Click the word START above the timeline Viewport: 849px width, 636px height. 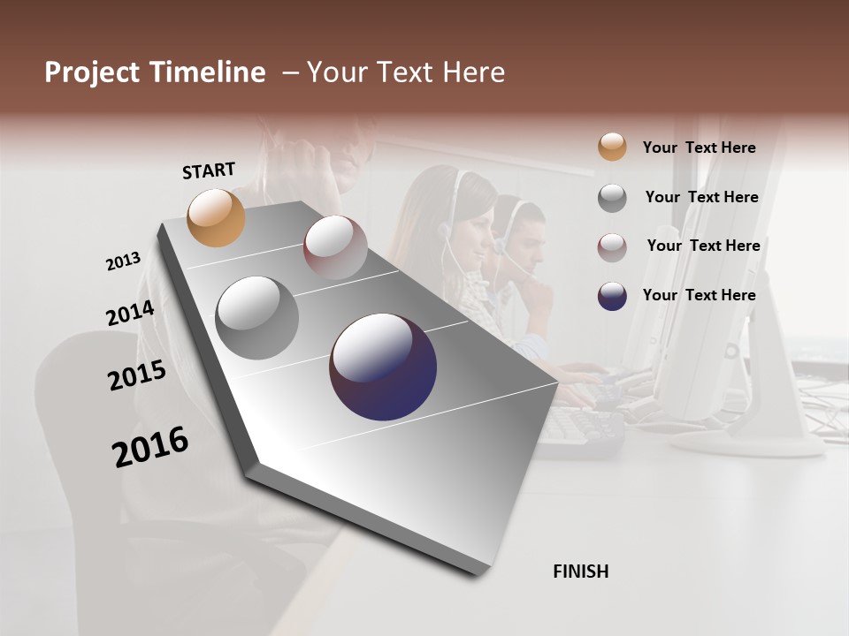pos(209,170)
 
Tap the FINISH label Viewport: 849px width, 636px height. pos(581,572)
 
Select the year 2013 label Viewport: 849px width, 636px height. pos(124,261)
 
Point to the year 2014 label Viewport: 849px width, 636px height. pos(131,314)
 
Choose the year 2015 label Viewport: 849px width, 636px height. pos(137,375)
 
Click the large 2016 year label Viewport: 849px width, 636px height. pos(150,447)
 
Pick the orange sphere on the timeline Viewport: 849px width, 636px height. pos(217,217)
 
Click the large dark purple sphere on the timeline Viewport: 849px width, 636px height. pos(383,367)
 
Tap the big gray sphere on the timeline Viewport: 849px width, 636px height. pos(257,317)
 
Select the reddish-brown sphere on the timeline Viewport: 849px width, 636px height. pos(336,247)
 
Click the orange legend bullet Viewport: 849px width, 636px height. pos(612,147)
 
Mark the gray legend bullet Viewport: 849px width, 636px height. pos(612,198)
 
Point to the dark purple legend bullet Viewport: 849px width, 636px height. pos(612,296)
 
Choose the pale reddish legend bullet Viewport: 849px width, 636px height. pos(612,247)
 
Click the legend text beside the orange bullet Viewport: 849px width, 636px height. pos(699,148)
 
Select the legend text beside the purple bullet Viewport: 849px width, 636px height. pos(699,295)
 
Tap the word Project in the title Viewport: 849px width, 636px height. pos(93,72)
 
